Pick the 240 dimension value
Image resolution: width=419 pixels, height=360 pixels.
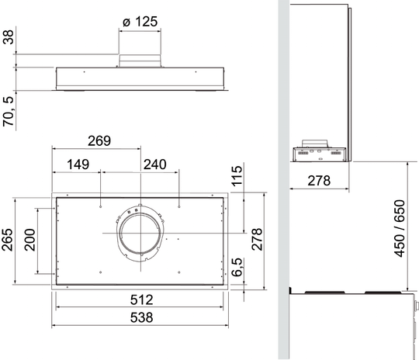pos(156,164)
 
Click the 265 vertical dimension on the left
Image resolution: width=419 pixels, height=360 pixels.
pos(9,244)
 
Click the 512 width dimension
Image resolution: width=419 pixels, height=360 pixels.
pos(140,299)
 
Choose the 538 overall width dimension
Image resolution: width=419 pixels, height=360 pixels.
pos(140,317)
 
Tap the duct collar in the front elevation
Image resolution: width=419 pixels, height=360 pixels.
pos(140,60)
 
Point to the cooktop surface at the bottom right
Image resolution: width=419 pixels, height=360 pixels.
pos(349,293)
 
